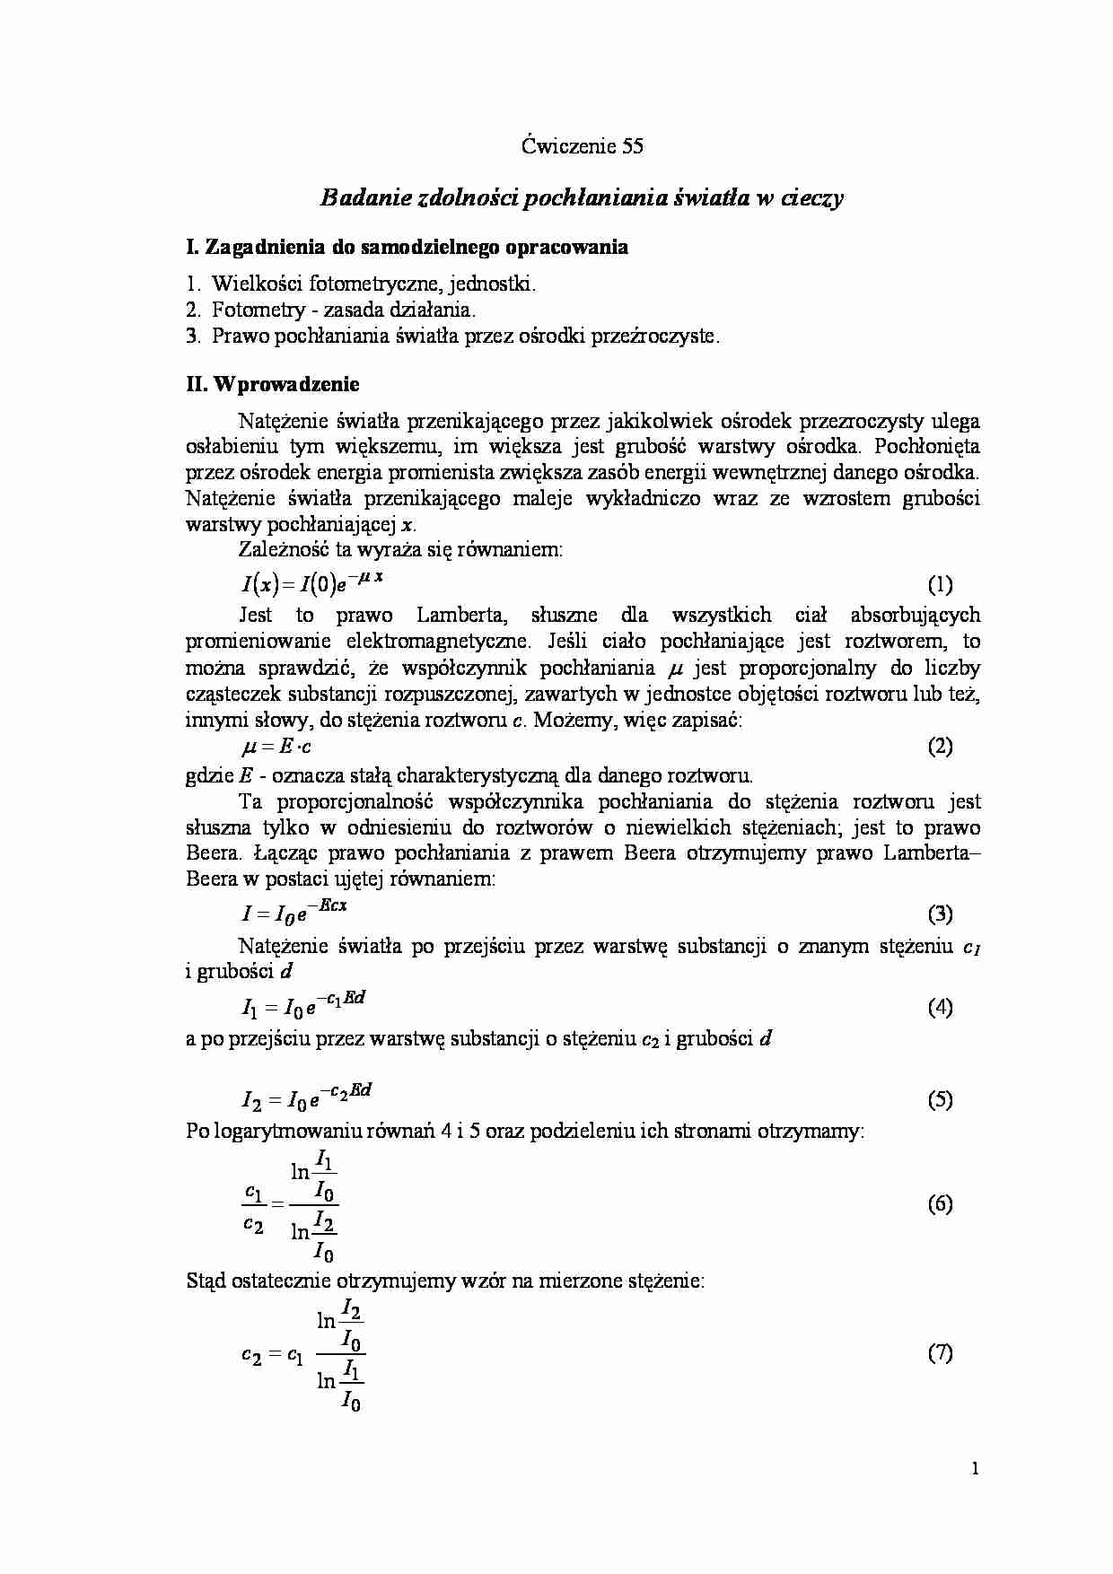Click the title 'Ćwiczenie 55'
tap(582, 146)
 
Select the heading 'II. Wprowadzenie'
tap(272, 384)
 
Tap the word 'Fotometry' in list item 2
tap(254, 310)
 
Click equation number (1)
tap(939, 585)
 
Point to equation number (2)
tap(939, 747)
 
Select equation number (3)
tap(939, 914)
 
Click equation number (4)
tap(939, 1007)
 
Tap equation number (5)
tap(939, 1100)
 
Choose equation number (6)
tap(939, 1204)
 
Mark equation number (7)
tap(939, 1353)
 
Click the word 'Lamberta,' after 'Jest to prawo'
tap(463, 616)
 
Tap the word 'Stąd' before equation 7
tap(206, 1281)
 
